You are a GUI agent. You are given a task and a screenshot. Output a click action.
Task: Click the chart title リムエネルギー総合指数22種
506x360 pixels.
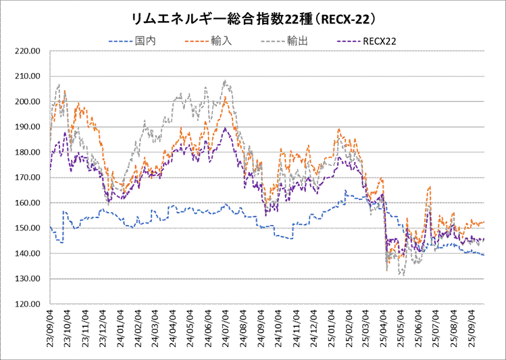[x=253, y=16]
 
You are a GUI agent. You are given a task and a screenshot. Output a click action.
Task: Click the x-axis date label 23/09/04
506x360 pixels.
[x=50, y=330]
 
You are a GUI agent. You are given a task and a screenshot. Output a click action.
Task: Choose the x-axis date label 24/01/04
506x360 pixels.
[x=120, y=330]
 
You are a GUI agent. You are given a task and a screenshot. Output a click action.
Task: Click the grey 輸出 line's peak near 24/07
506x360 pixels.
[x=225, y=81]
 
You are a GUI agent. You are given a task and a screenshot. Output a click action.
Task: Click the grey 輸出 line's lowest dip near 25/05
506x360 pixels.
[x=403, y=275]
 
